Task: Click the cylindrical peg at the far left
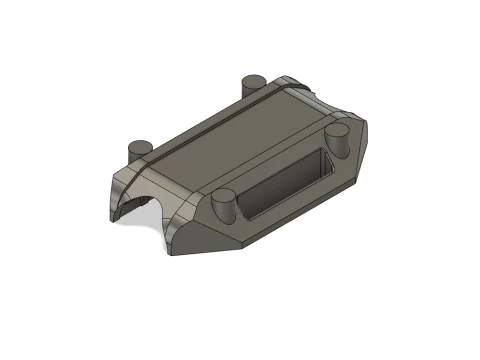pos(140,150)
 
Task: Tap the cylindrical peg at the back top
pos(251,84)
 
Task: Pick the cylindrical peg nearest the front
pos(224,207)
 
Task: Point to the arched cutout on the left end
pos(140,205)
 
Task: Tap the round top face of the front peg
pos(224,197)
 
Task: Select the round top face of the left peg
pos(140,143)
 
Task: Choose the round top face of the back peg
pos(251,78)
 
